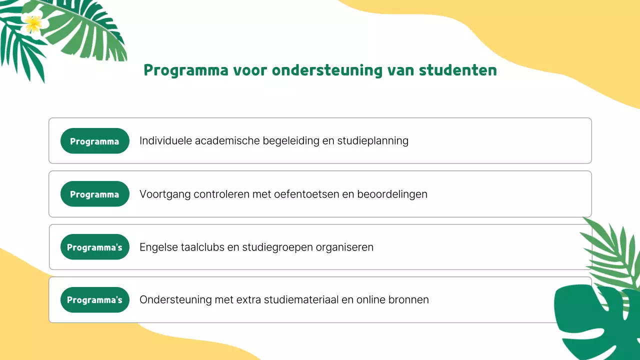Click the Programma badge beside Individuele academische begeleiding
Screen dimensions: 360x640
point(94,141)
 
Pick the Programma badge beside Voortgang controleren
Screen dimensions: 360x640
point(94,194)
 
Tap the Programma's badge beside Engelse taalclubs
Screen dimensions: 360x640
point(94,247)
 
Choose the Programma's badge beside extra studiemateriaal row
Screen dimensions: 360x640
point(94,300)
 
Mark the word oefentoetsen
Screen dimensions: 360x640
point(305,194)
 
